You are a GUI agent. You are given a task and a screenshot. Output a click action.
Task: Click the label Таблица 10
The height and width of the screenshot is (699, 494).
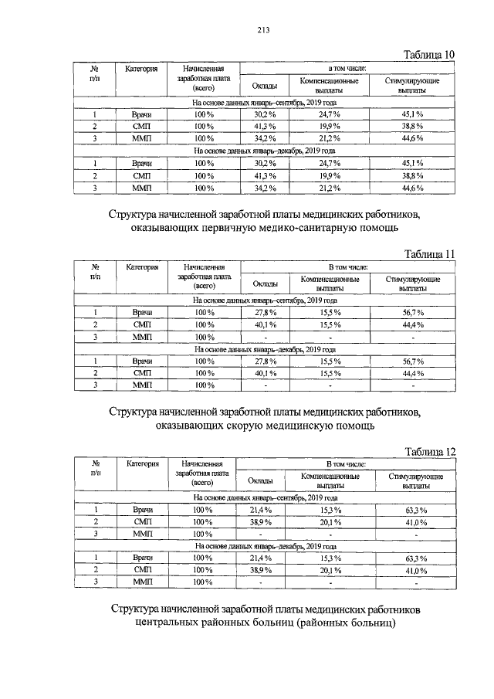pyautogui.click(x=430, y=54)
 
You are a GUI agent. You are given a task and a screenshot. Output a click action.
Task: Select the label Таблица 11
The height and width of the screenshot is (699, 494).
pyautogui.click(x=430, y=254)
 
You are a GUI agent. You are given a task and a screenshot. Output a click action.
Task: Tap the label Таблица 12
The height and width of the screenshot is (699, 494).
pyautogui.click(x=430, y=451)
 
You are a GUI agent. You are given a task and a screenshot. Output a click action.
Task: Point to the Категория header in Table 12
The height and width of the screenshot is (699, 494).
pyautogui.click(x=142, y=463)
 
